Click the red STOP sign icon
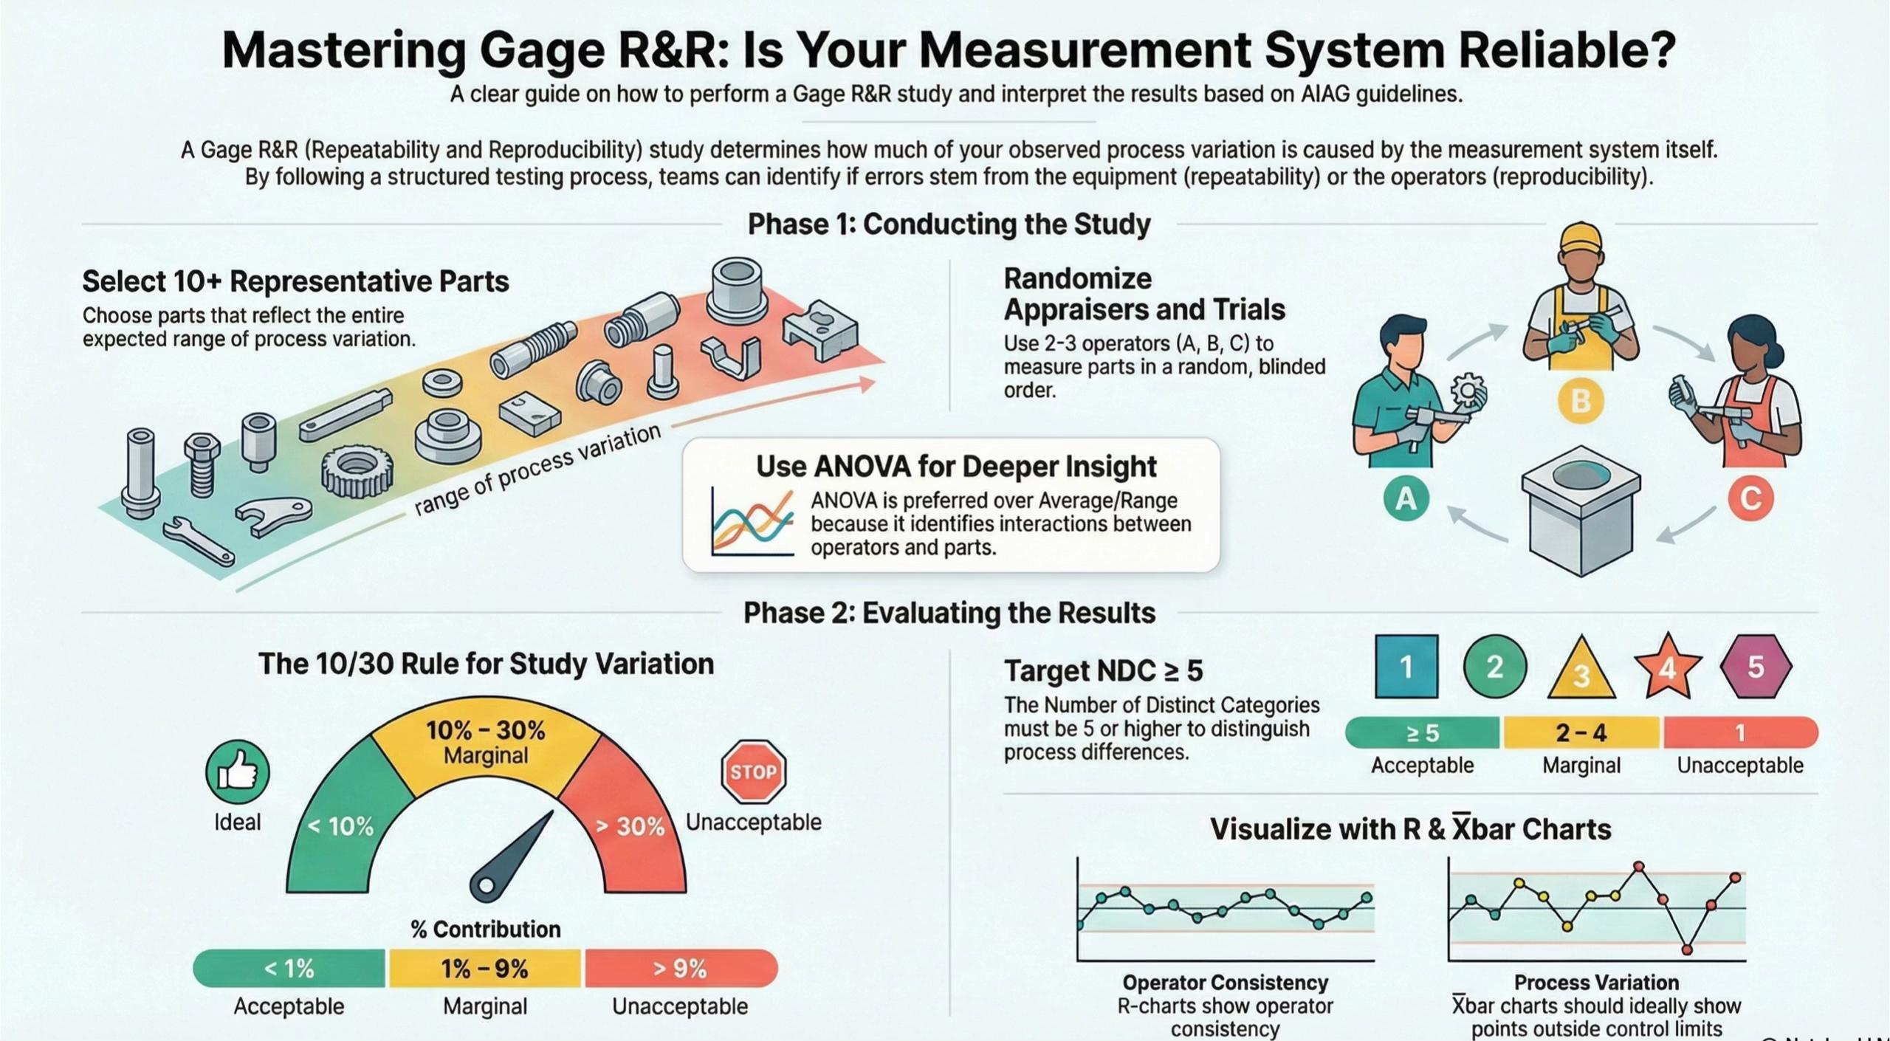[x=753, y=772]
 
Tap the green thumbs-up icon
[x=237, y=772]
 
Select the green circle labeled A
[x=1406, y=498]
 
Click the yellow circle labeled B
[x=1580, y=401]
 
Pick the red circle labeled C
[x=1750, y=498]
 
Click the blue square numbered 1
[x=1406, y=667]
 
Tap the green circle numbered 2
[x=1494, y=667]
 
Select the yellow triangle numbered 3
[x=1581, y=670]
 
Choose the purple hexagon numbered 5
[x=1756, y=667]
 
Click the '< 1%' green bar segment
[x=289, y=968]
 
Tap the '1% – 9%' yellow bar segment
[x=485, y=968]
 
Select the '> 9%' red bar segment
[x=681, y=968]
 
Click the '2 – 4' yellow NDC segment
[x=1581, y=732]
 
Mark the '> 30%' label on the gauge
[x=630, y=825]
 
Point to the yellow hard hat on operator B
[x=1581, y=240]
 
